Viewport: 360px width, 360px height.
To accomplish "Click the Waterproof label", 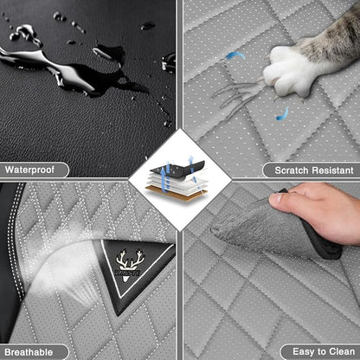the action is [29, 170].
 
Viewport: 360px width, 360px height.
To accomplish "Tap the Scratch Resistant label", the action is [314, 170].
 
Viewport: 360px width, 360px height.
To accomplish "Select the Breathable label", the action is [29, 352].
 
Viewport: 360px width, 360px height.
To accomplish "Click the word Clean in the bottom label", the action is [342, 351].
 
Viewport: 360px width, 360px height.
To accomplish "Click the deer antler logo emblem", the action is [130, 264].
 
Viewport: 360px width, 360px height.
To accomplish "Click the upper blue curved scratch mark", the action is [235, 55].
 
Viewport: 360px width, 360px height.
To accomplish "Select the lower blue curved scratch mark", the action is [283, 114].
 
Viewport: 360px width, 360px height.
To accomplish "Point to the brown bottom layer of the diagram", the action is [176, 193].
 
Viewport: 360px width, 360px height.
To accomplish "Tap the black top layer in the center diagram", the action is [178, 170].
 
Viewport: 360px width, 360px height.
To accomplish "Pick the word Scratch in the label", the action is [291, 170].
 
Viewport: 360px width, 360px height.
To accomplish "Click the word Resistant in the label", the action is [332, 170].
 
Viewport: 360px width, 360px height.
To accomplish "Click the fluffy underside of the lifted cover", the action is [254, 228].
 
